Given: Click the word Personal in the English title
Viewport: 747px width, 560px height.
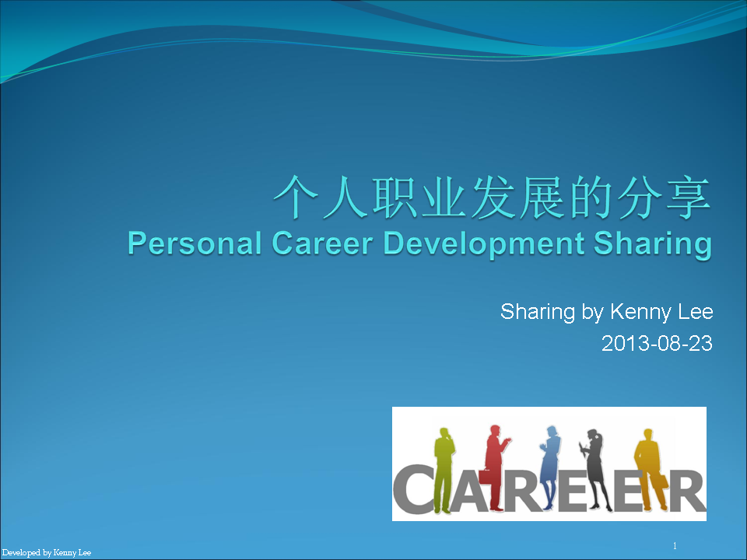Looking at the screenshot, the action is tap(195, 243).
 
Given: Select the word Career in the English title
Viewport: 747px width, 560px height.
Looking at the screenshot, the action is tap(322, 243).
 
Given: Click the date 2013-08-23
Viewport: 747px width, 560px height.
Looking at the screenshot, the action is tap(657, 343).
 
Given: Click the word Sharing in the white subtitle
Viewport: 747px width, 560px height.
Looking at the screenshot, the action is tap(538, 313).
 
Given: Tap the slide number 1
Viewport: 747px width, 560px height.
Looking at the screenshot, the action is tap(675, 546).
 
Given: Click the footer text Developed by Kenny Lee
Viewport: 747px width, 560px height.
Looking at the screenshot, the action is tap(47, 553).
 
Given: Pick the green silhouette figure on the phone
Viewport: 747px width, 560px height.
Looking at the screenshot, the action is tap(444, 470).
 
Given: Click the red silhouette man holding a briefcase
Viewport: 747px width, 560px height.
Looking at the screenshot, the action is tap(496, 467).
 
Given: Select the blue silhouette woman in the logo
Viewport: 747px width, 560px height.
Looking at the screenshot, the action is tap(550, 467).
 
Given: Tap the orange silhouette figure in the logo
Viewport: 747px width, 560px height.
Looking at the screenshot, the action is tap(651, 469).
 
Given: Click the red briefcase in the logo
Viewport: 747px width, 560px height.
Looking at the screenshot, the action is tap(485, 477).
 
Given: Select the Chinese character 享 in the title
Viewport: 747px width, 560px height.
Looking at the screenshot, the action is tap(688, 197).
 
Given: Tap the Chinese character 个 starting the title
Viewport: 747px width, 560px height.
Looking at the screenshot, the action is tap(296, 197).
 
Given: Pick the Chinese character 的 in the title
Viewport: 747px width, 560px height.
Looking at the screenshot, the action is tap(591, 197).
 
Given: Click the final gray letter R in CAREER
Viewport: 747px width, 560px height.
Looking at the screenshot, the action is tap(686, 491).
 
